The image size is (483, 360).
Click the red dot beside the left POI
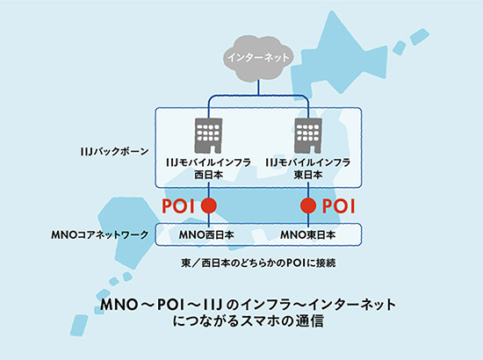click(x=209, y=206)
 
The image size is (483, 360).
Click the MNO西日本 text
click(x=209, y=236)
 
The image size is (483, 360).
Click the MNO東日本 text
click(x=308, y=236)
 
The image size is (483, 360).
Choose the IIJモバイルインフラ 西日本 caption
click(x=209, y=168)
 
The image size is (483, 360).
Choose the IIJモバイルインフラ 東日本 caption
click(x=308, y=168)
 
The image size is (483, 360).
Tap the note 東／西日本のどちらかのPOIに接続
click(x=258, y=262)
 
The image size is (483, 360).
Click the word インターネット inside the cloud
click(x=258, y=59)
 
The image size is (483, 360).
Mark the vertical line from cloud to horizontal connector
click(x=258, y=85)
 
